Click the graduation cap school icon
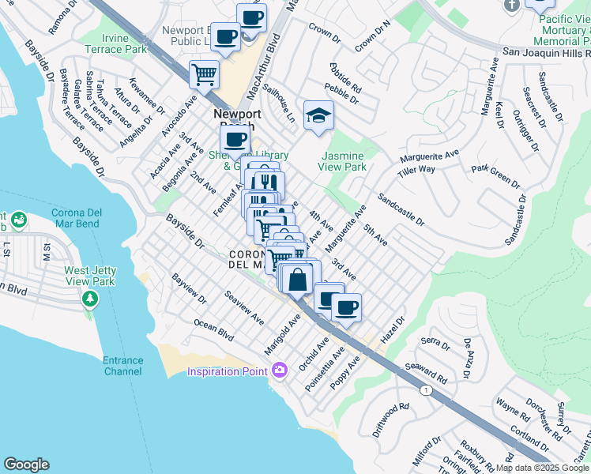click(319, 115)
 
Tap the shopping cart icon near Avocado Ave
click(204, 75)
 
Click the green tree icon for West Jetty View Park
click(90, 299)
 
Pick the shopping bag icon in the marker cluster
click(299, 279)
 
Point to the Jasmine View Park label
click(342, 162)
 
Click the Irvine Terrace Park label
click(125, 43)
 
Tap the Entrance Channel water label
click(122, 366)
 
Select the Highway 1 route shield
click(427, 390)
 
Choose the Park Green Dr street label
click(495, 176)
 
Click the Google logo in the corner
click(26, 465)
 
